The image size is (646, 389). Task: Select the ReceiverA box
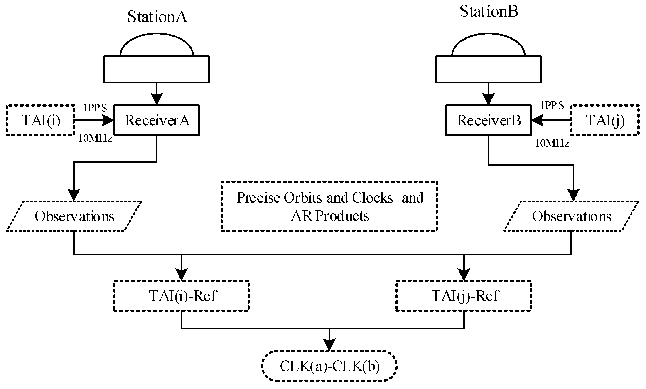point(157,120)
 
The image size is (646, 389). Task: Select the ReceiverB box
point(488,120)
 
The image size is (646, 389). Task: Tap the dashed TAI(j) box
point(605,120)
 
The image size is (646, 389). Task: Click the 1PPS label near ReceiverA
point(95,108)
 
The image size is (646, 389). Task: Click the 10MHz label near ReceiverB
point(552,143)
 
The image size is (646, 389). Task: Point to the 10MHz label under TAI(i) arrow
point(95,138)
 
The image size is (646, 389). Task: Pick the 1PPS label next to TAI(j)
point(552,105)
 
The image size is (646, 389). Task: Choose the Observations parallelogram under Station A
point(74,216)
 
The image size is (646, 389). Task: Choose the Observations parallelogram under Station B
point(571,216)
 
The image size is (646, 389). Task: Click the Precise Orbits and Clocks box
point(329,206)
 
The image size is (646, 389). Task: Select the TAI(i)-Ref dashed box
point(181,296)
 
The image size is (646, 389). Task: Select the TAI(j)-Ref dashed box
point(464,296)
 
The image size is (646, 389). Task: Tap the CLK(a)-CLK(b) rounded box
point(329,366)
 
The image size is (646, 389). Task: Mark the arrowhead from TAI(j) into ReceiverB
point(537,120)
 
